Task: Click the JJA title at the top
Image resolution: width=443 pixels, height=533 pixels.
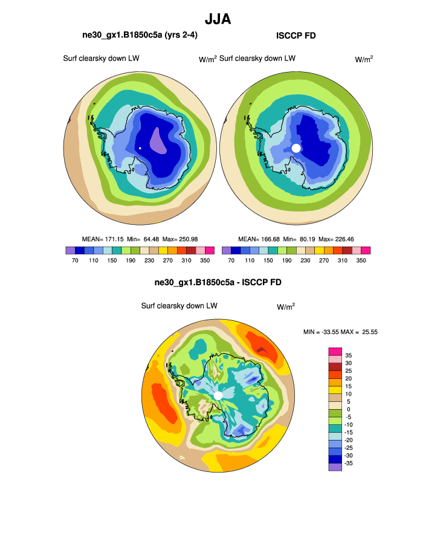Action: pos(218,19)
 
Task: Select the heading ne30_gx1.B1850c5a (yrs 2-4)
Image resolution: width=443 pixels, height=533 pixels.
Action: pos(140,36)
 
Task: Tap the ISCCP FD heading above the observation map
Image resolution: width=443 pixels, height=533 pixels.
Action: pos(296,36)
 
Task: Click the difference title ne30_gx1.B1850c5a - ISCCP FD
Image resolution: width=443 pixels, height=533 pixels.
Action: pos(218,282)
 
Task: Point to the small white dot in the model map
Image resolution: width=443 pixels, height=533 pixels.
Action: pos(140,148)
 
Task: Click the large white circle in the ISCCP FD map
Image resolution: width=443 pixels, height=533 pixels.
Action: pos(296,148)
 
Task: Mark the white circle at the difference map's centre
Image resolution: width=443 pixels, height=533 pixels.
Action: pos(218,395)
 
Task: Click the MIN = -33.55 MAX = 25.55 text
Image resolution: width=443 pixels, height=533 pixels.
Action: pos(340,332)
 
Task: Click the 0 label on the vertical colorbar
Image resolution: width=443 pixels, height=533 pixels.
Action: pos(347,409)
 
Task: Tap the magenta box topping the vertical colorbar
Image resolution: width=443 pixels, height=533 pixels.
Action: pos(335,351)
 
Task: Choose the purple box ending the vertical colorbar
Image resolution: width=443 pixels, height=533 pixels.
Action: pos(335,467)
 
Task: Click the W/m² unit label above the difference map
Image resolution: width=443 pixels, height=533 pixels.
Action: pos(286,306)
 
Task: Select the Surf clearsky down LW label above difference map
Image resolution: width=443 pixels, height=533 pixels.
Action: pos(179,306)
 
